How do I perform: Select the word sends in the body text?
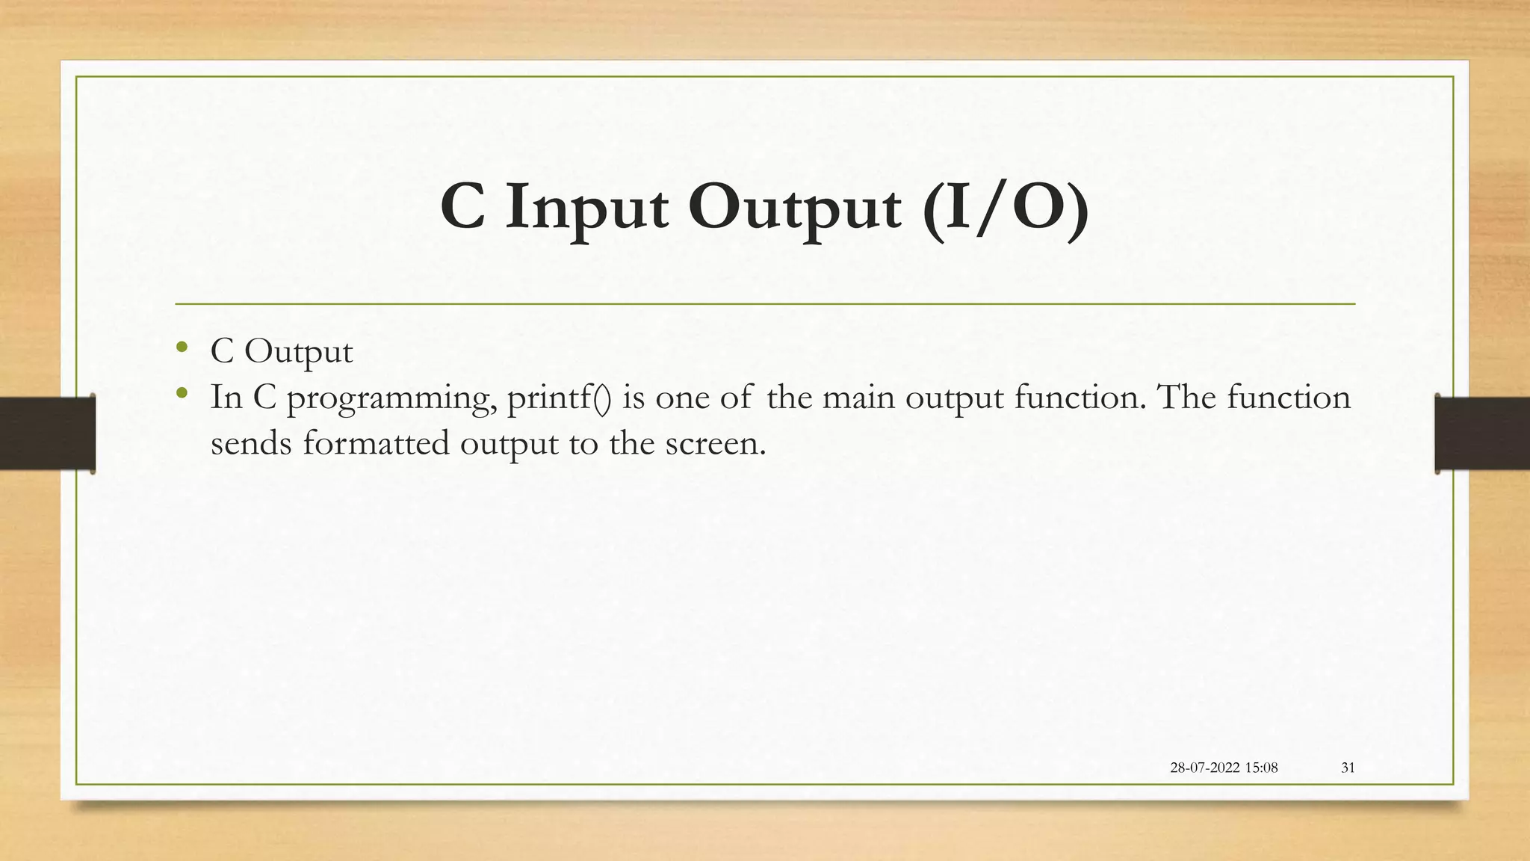click(x=250, y=443)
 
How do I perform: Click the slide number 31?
click(x=1348, y=768)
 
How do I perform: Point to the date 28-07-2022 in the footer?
click(x=1205, y=768)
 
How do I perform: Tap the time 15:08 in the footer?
click(x=1262, y=768)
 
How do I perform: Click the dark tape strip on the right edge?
click(x=1482, y=433)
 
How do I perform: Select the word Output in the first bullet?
click(x=298, y=352)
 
